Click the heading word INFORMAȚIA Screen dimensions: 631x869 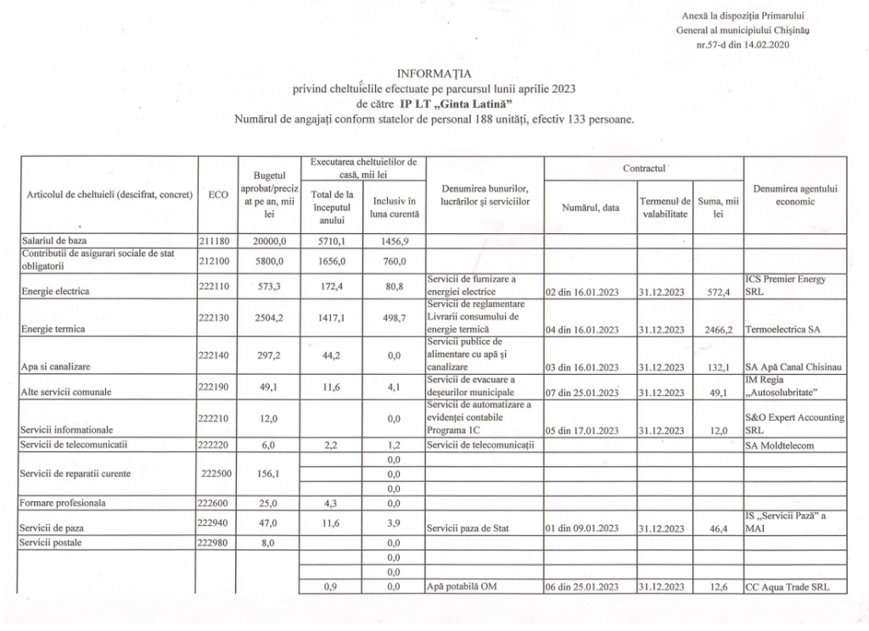coord(434,73)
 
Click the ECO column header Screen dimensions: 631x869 coord(217,194)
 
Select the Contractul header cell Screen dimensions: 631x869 coord(643,168)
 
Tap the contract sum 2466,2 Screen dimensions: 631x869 coord(717,331)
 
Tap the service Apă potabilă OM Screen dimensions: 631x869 coord(462,586)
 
